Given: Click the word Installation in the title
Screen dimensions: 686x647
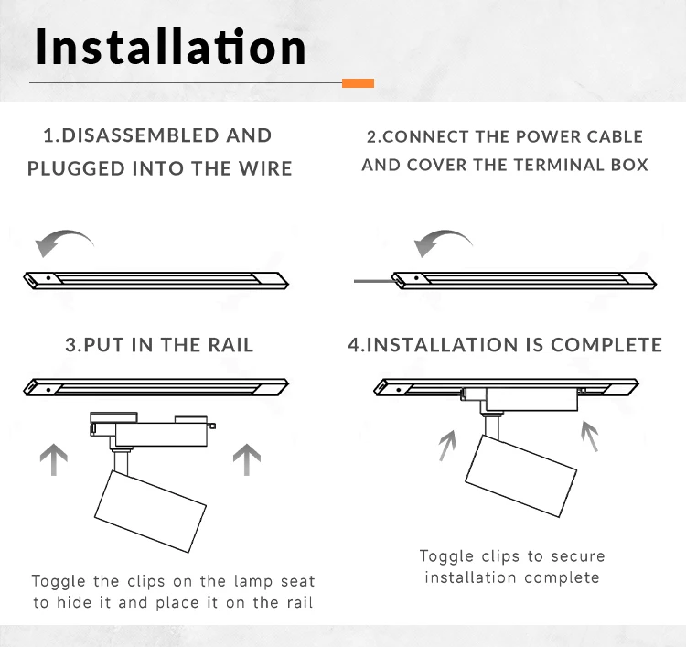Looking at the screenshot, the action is point(170,46).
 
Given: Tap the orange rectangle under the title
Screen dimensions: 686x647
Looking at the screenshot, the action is point(358,83).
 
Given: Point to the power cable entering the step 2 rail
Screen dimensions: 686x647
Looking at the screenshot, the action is point(373,281).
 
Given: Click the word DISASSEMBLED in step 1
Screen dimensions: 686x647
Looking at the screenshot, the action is point(139,135).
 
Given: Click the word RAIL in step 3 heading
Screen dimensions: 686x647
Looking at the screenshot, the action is point(230,345).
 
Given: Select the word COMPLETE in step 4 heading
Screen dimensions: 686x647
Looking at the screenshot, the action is point(606,345).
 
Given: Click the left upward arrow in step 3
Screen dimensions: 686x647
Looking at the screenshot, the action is point(54,459).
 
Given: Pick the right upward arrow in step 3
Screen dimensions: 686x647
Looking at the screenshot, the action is point(247,459).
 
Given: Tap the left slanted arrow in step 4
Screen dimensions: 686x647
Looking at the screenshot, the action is point(448,446).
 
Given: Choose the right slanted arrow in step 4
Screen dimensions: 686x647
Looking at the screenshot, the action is point(589,436).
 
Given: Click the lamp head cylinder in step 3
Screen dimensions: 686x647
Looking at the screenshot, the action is point(150,512).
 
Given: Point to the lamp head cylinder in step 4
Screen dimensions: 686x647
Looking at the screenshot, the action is point(520,476).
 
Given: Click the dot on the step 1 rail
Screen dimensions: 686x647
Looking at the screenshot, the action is point(48,277).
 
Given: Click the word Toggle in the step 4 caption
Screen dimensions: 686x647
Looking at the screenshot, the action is point(446,556).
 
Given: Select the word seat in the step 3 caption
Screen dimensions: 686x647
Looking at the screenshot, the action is point(297,581).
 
